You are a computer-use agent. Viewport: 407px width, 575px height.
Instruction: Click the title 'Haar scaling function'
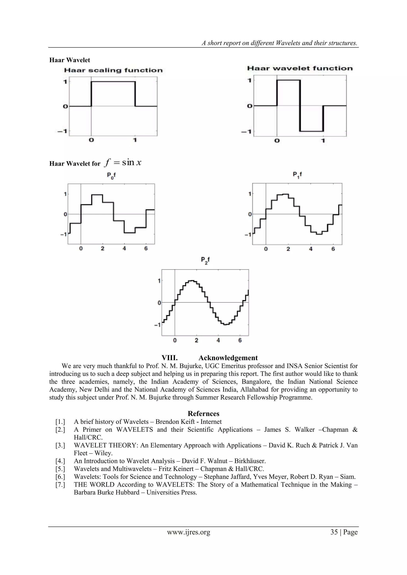(x=113, y=70)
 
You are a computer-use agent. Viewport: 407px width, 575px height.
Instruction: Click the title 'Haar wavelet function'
(x=300, y=68)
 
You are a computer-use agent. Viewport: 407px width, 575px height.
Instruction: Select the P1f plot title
(x=297, y=175)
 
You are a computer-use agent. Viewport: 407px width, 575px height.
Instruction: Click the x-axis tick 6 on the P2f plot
(x=240, y=340)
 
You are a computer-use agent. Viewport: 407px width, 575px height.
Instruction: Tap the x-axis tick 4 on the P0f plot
(x=124, y=248)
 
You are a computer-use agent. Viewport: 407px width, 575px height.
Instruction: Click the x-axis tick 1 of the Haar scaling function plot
(x=135, y=140)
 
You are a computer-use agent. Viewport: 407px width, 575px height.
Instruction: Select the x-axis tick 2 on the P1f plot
(x=288, y=249)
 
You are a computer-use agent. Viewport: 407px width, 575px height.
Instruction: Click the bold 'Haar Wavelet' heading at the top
(x=70, y=60)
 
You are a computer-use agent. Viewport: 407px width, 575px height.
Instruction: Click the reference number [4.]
(x=60, y=461)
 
